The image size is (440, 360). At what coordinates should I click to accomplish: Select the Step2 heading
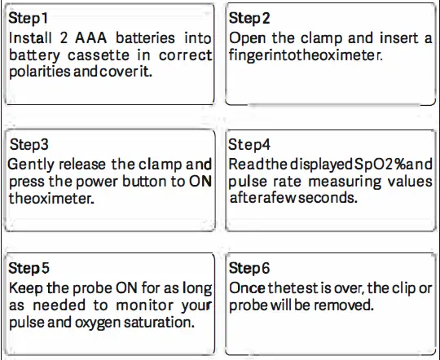point(250,17)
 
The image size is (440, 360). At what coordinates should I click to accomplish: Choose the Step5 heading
point(29,268)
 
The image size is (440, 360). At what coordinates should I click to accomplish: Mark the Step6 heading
point(251,268)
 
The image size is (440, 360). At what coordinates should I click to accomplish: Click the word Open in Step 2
point(248,38)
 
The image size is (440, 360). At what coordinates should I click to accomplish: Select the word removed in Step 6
point(346,305)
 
